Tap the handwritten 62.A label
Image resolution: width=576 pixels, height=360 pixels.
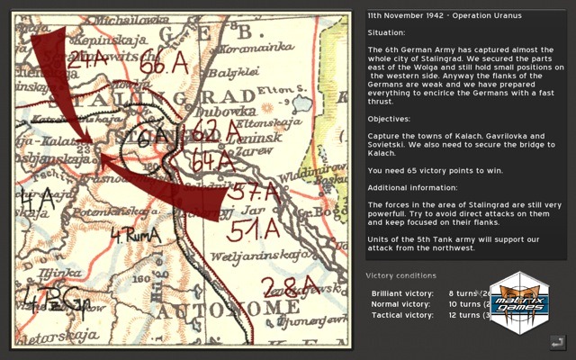coord(215,131)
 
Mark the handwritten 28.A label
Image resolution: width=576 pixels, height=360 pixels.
coord(287,288)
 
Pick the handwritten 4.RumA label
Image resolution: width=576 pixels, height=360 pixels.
coord(134,237)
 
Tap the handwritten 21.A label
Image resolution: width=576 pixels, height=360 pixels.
coord(86,59)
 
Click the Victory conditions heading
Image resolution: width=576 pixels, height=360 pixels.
coord(400,274)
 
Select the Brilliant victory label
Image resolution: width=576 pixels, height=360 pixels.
coord(400,293)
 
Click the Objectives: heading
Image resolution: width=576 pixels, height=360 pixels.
coord(388,118)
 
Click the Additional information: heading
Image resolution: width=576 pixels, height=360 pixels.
coord(413,187)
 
